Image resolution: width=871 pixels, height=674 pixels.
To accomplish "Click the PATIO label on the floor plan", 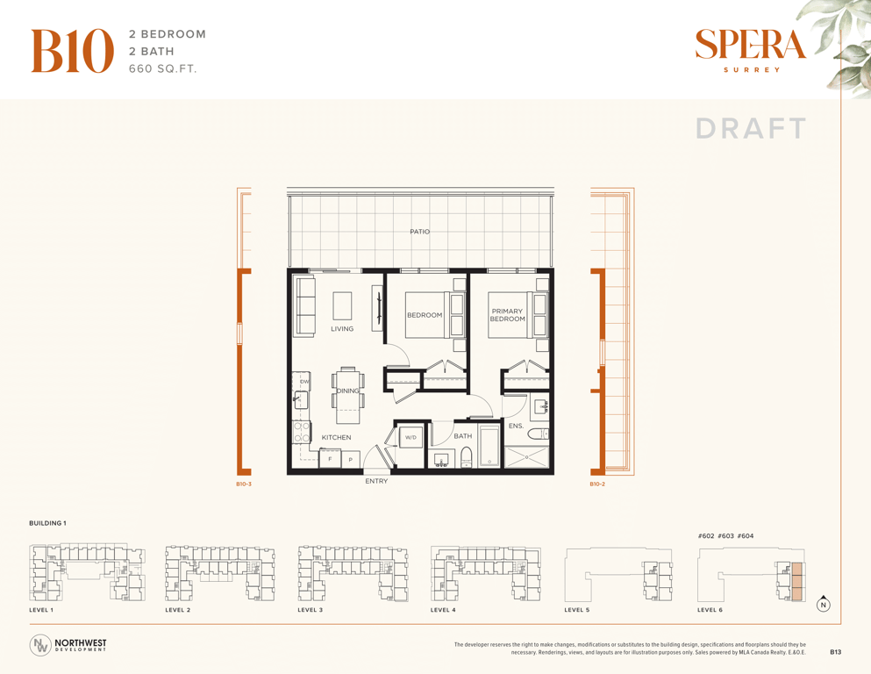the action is [419, 232].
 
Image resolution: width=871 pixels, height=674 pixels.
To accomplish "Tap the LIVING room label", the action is [342, 329].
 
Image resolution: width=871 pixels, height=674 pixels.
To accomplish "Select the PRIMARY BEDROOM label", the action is [507, 315].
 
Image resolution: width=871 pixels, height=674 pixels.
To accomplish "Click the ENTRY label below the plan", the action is [376, 481].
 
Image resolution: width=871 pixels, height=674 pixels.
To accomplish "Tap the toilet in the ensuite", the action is [539, 434].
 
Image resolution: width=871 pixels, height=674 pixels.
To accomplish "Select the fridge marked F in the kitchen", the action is [330, 458].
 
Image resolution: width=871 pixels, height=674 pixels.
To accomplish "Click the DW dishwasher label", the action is [304, 382].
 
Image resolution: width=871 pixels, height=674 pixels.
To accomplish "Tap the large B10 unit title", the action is [72, 51].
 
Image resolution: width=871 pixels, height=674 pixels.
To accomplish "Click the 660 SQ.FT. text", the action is [163, 69].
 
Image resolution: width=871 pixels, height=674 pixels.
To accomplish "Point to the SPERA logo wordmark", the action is [751, 45].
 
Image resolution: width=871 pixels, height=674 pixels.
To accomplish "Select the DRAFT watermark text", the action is [751, 129].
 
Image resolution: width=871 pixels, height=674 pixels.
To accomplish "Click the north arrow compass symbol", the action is [824, 604].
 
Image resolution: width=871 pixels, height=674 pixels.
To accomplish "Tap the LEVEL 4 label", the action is [443, 610].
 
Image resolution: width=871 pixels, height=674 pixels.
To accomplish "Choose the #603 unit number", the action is [725, 536].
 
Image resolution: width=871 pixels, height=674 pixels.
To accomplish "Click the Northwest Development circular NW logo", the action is [40, 645].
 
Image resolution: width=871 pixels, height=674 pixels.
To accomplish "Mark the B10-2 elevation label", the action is [597, 484].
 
